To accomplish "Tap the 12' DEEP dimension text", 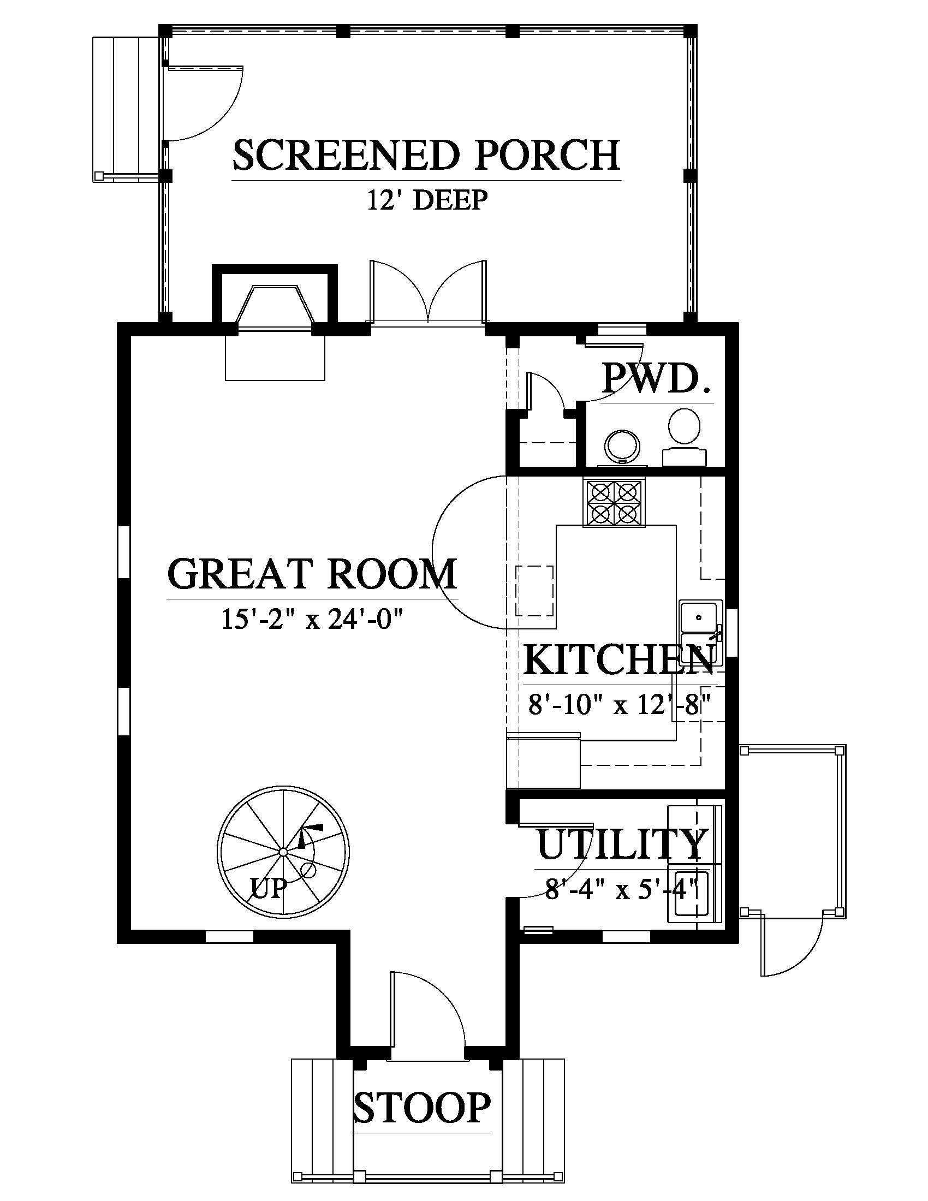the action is tap(427, 200).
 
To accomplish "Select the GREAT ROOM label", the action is tap(312, 574).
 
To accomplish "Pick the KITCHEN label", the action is tap(620, 660).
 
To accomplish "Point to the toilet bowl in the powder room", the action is tap(685, 427).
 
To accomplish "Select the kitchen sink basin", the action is tap(698, 617).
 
